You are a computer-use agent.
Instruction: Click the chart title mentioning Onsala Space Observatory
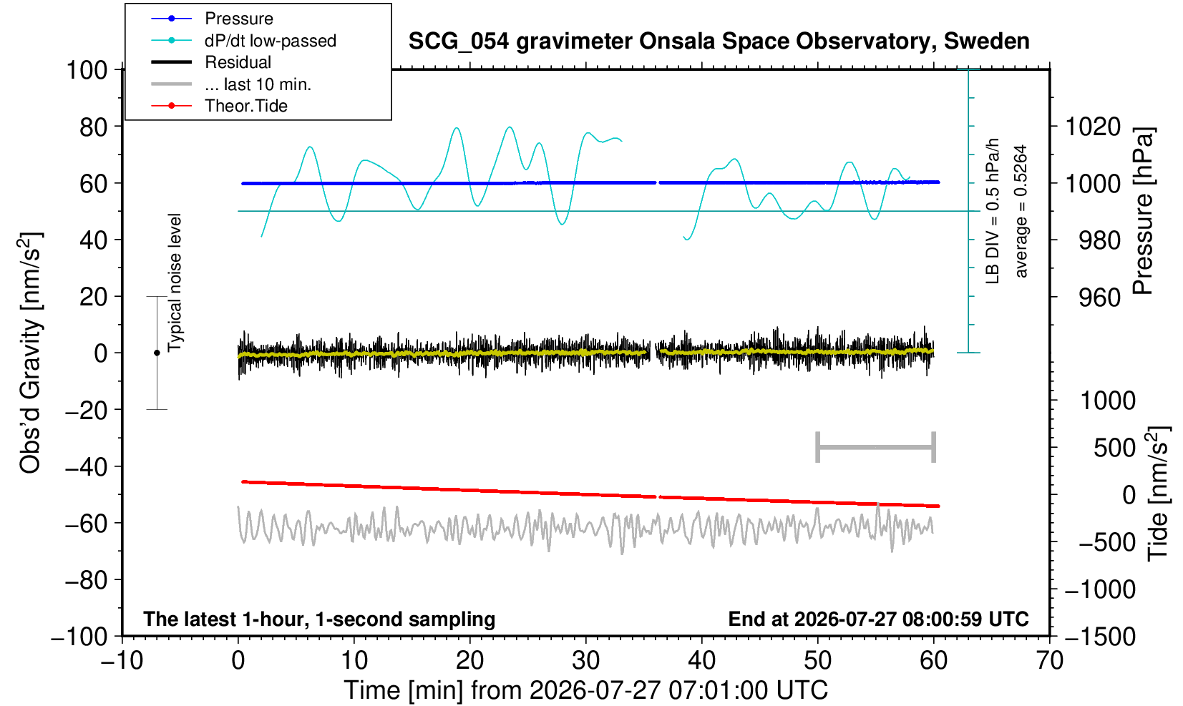tap(719, 41)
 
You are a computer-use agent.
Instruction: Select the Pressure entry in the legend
tap(239, 19)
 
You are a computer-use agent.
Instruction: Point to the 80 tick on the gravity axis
tap(94, 127)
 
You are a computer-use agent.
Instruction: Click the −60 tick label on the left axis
tap(87, 524)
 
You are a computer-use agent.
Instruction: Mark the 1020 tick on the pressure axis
tap(1093, 127)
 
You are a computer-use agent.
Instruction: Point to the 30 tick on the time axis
tap(585, 660)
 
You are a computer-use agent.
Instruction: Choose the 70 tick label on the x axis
tap(1049, 660)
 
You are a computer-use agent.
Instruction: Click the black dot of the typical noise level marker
tap(157, 353)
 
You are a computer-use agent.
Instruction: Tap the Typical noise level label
tap(175, 283)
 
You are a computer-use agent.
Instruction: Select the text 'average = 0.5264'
tap(1021, 211)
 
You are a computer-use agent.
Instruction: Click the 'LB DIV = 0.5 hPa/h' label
tap(993, 211)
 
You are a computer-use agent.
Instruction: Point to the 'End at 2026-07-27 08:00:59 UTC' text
tap(878, 619)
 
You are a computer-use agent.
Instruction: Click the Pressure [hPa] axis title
tap(1144, 211)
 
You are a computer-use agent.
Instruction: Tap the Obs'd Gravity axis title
tap(31, 353)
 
